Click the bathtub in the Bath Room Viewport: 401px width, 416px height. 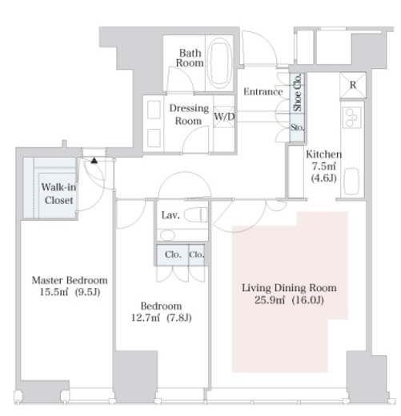220,63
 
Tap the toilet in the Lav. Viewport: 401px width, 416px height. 195,215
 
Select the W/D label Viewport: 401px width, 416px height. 224,117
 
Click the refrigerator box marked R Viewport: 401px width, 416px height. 353,85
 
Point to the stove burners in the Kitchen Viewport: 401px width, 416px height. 351,118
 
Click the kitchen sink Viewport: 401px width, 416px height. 352,182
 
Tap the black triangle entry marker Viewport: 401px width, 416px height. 94,160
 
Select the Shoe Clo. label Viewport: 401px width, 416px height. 297,92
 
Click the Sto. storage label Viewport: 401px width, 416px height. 297,127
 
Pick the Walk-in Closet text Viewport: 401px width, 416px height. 58,194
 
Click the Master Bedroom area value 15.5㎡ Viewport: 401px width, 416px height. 54,292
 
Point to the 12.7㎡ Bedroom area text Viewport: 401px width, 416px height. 146,318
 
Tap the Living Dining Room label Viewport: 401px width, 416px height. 289,288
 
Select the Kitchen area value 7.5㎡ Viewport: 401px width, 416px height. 324,166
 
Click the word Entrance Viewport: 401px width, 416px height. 263,92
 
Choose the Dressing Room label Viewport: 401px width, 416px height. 189,114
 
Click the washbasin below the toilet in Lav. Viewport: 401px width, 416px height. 167,235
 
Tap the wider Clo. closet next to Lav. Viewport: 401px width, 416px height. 172,254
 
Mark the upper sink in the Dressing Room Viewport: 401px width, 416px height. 154,110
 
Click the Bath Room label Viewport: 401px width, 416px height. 190,58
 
